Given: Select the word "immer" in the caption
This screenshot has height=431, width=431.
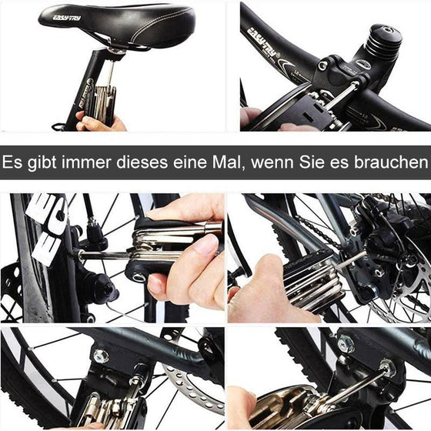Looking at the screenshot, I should [89, 163].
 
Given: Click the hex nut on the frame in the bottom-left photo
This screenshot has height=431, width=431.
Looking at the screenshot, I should [99, 356].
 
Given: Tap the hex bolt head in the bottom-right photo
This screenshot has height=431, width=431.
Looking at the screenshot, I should [346, 344].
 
